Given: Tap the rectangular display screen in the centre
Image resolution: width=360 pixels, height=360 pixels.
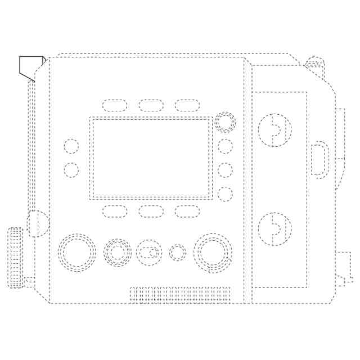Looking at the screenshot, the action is [x=152, y=158].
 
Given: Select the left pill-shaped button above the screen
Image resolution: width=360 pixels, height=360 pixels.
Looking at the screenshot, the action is [x=115, y=105].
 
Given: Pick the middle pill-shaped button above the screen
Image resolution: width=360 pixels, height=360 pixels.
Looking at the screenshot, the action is [x=151, y=105].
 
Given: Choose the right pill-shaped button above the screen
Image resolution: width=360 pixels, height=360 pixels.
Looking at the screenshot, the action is [x=187, y=105].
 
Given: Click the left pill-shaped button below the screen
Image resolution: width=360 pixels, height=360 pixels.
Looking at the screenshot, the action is [x=115, y=211].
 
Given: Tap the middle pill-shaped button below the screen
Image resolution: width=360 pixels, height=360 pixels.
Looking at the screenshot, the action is [x=151, y=211].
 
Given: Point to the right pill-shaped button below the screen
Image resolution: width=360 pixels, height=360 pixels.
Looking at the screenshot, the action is [x=187, y=211].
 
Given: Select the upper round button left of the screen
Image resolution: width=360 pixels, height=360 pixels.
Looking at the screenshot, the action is [x=71, y=146].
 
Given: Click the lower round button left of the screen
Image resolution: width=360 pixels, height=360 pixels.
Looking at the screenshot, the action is [x=71, y=169].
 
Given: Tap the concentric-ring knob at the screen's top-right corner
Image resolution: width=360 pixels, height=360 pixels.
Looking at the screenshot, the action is [x=225, y=122].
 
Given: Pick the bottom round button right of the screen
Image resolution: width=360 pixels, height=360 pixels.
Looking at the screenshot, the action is [x=225, y=194].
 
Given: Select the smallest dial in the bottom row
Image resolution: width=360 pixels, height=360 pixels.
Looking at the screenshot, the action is [x=178, y=253].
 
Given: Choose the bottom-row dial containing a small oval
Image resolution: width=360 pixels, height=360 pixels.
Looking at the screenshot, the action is [x=150, y=253].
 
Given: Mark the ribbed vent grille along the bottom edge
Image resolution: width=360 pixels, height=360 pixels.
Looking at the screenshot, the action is [x=180, y=295].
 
